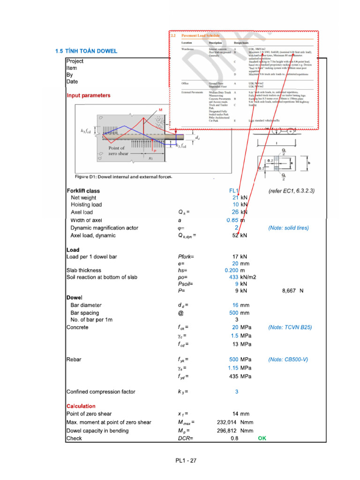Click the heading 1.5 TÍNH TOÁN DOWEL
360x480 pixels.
point(86,51)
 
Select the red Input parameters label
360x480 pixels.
point(89,95)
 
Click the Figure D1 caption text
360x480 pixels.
point(124,177)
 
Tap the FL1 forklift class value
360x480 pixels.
point(234,191)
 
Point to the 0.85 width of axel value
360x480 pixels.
point(232,220)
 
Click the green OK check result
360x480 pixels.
point(262,438)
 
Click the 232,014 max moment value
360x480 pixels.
point(228,422)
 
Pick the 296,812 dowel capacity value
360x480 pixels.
point(228,430)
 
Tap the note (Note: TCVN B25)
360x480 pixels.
point(290,327)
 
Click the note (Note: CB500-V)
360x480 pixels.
point(288,360)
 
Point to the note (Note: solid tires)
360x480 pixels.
point(288,228)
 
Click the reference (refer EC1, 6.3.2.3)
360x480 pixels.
point(291,191)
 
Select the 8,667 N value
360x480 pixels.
point(293,291)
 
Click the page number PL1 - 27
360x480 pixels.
point(183,460)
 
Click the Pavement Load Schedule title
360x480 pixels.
point(202,36)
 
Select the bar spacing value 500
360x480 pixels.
point(233,313)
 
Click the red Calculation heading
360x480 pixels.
point(81,406)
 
